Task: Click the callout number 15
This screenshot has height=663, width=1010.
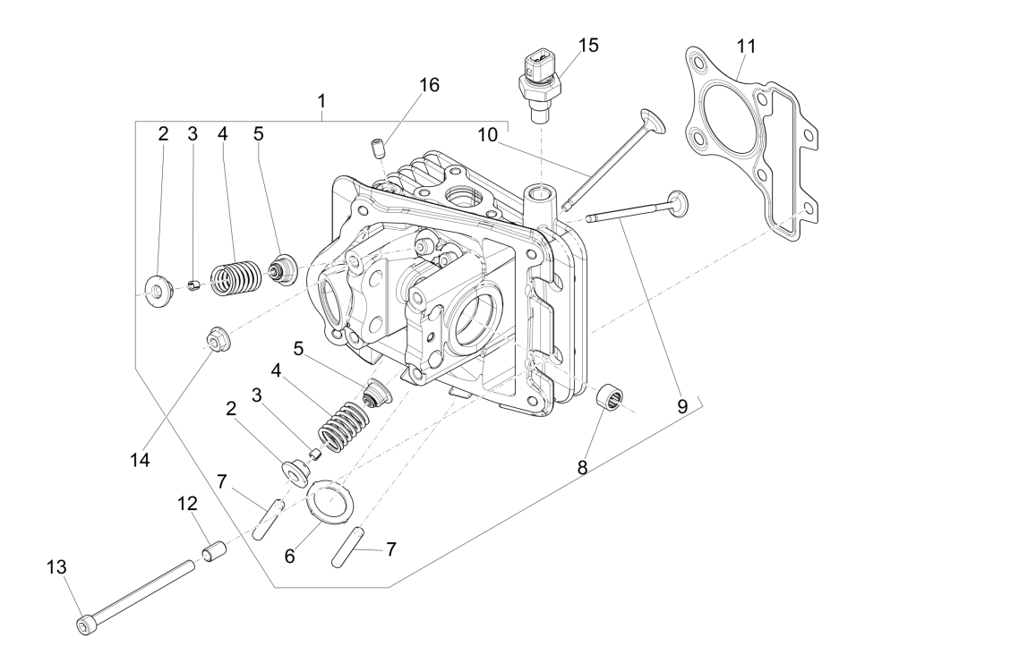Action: pyautogui.click(x=588, y=45)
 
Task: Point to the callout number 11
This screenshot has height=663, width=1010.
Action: pyautogui.click(x=747, y=44)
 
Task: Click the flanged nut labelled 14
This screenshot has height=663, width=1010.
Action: pyautogui.click(x=215, y=340)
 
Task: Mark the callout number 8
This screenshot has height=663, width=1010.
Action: pyautogui.click(x=583, y=466)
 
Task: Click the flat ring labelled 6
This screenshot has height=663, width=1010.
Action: pyautogui.click(x=330, y=499)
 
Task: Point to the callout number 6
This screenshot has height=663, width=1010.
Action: pyautogui.click(x=289, y=555)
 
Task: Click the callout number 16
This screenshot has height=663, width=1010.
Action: pyautogui.click(x=429, y=85)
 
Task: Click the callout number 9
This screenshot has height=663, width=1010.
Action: pyautogui.click(x=682, y=405)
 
